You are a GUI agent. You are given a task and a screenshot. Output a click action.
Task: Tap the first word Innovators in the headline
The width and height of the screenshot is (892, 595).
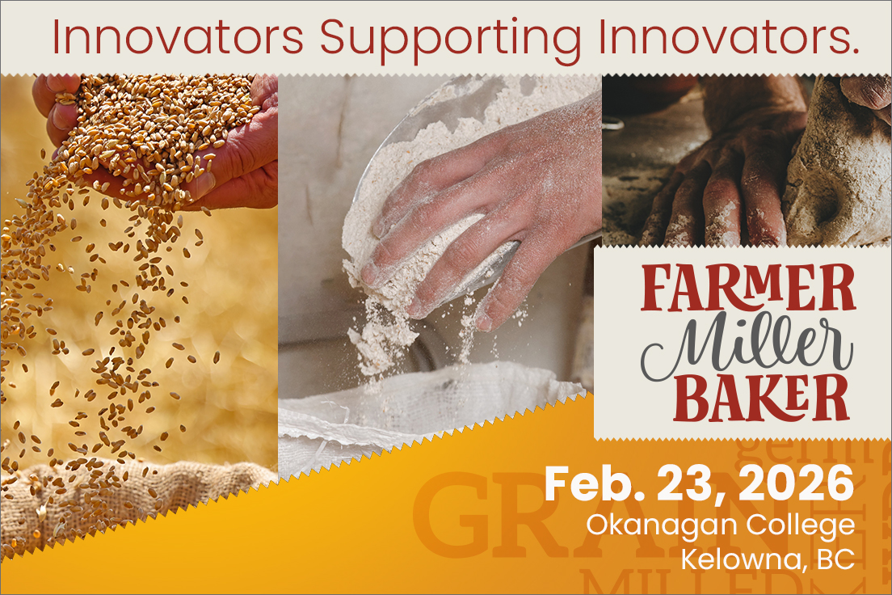tap(177, 37)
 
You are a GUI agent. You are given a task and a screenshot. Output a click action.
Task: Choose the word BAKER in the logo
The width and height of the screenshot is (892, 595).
tap(750, 399)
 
